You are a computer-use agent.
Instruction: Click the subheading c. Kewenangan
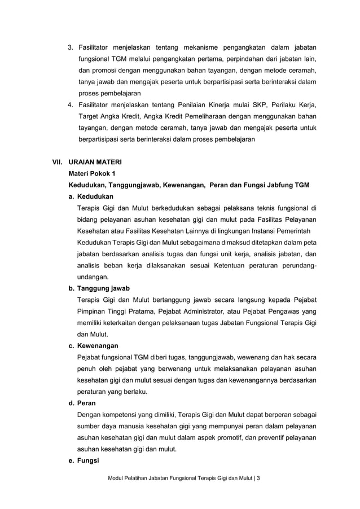point(94,345)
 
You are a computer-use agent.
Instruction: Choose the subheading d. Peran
point(82,403)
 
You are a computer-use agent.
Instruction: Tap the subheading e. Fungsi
point(84,460)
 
